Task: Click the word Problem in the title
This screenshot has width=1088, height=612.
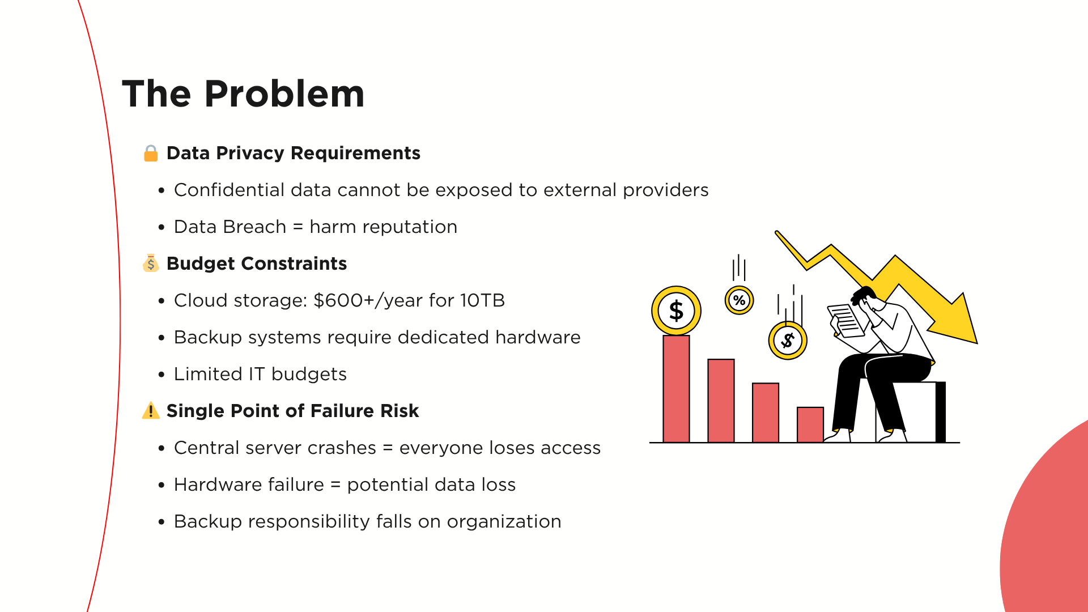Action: pos(284,93)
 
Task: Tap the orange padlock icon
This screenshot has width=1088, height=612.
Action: pos(151,153)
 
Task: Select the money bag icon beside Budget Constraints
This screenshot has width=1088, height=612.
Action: pos(151,263)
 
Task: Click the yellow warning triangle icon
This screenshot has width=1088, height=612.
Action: pos(151,410)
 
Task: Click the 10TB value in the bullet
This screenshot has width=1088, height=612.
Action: pos(482,300)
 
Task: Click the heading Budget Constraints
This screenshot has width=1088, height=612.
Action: pos(257,263)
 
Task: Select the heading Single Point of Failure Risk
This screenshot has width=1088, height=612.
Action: pos(292,411)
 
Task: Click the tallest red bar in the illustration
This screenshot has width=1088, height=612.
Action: pos(676,389)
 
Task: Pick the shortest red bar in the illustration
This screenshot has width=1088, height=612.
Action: pos(810,424)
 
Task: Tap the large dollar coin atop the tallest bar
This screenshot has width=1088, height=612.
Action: pos(676,311)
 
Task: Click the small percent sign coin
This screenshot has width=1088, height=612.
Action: pos(739,300)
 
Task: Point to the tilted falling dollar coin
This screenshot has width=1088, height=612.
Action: pos(788,340)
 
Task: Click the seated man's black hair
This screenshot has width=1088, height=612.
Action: pos(863,295)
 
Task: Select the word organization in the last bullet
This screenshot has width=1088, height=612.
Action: pos(504,522)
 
